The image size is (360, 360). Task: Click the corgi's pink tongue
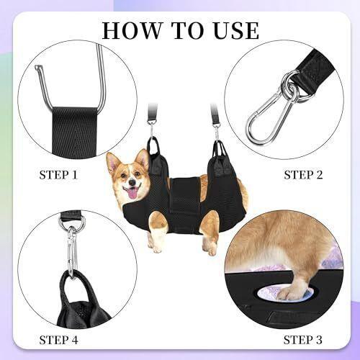pyautogui.click(x=132, y=192)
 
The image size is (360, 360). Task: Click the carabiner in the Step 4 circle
pyautogui.click(x=71, y=252)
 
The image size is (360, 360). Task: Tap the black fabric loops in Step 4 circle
pyautogui.click(x=83, y=302)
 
